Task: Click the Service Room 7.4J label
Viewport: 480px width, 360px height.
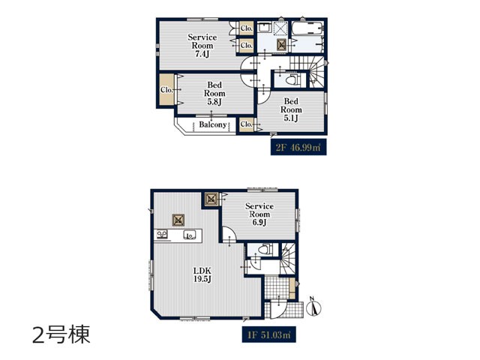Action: (202, 46)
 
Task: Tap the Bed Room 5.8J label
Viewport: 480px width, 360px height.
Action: (214, 93)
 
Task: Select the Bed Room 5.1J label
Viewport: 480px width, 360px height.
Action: (291, 109)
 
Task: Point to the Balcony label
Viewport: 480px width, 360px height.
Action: (213, 124)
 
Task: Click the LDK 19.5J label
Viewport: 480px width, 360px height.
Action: (202, 274)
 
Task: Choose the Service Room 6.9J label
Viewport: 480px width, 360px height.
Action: (259, 214)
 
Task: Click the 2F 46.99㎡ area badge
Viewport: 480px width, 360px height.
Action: (298, 147)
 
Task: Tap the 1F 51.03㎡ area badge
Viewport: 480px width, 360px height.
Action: (269, 334)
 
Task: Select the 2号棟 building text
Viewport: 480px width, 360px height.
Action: (61, 334)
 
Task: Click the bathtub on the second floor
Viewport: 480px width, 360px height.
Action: (307, 28)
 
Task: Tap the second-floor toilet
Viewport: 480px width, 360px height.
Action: (292, 80)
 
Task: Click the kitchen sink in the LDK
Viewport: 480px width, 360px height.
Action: (189, 235)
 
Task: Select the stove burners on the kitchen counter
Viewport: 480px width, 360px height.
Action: (162, 235)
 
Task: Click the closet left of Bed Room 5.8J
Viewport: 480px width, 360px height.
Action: (166, 90)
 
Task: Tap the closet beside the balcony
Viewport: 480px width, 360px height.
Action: (247, 124)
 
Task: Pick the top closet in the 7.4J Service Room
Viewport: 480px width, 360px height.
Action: (247, 28)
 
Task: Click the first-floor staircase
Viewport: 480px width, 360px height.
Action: (288, 258)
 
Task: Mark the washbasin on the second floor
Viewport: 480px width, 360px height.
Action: (263, 28)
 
